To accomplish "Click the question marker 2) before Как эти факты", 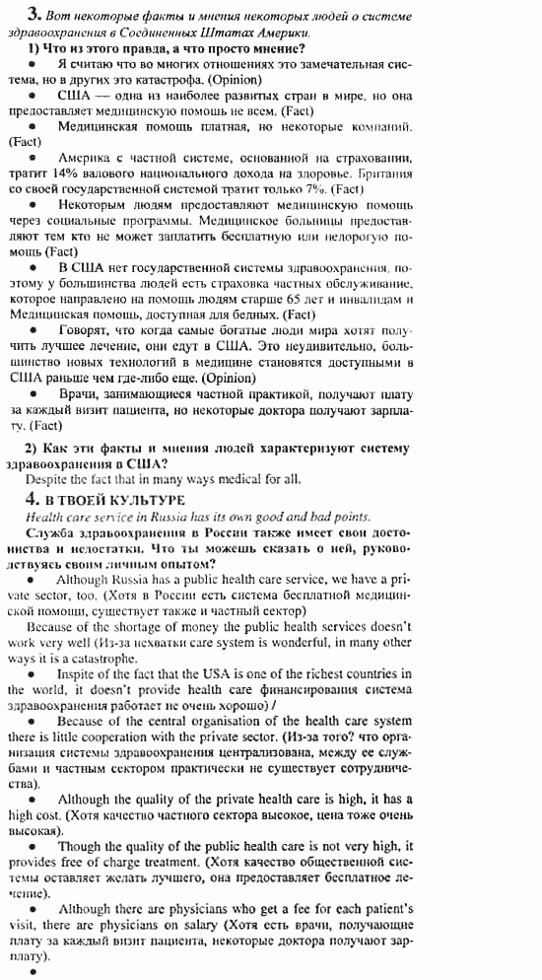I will point(31,448).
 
